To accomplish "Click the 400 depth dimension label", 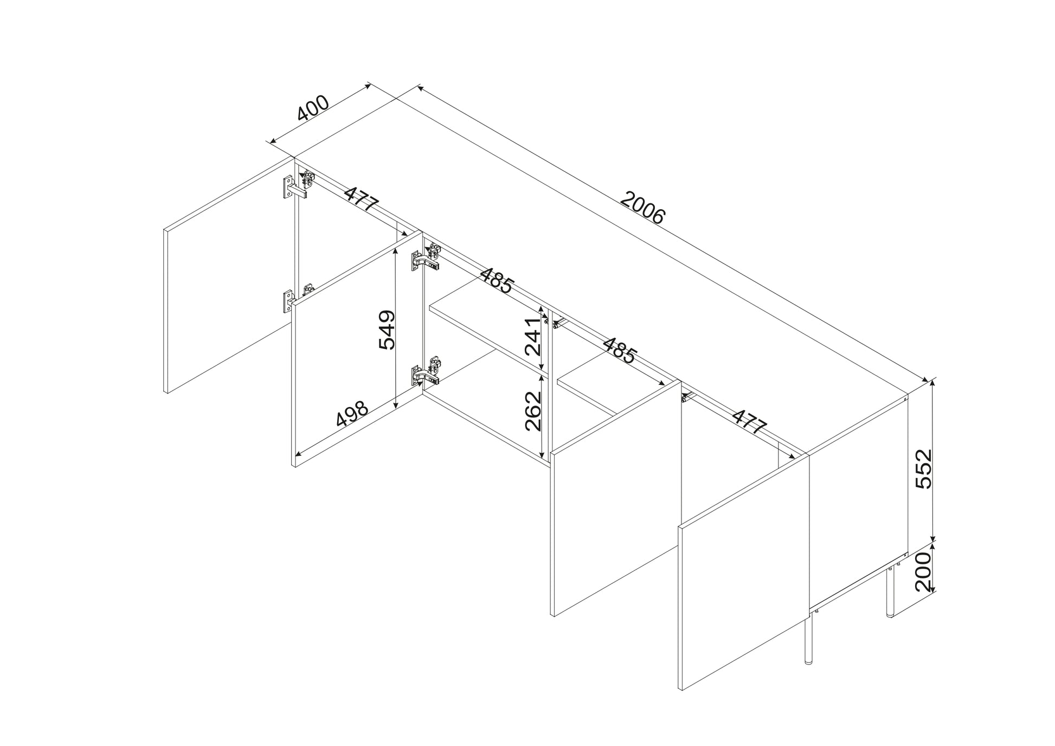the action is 313,115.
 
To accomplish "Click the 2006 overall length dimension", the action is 642,208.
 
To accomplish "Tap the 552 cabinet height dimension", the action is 922,469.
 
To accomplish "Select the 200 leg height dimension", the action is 922,572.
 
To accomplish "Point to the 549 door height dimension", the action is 387,330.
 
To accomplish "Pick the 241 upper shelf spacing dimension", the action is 532,337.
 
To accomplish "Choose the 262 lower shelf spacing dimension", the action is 533,411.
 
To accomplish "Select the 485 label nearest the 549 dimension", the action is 496,280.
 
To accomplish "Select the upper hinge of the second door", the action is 426,259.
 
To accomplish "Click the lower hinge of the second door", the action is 426,372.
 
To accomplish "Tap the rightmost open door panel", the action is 744,573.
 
